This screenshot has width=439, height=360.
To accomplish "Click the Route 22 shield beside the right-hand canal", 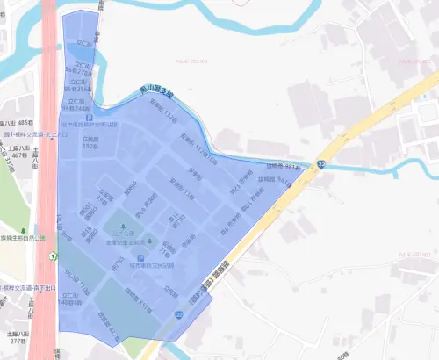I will [x=322, y=164].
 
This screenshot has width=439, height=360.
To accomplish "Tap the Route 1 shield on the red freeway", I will [x=52, y=256].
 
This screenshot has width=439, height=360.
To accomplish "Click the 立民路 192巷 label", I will [x=90, y=142].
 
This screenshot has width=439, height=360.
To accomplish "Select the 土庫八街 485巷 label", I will [x=17, y=126].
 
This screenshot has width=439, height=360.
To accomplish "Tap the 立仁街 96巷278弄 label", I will [x=84, y=69].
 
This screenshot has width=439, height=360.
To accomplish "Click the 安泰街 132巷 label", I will [x=167, y=112].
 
